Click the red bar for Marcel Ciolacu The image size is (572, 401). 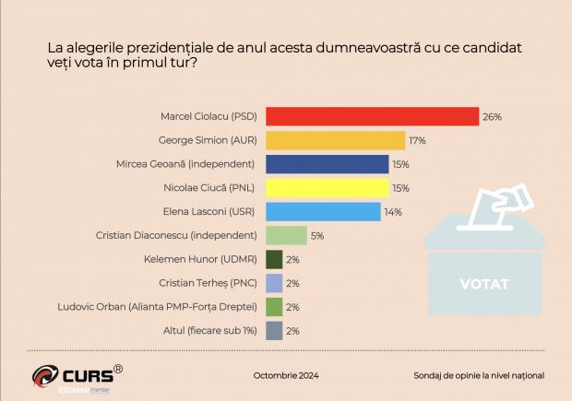click(372, 116)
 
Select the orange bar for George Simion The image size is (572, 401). click(336, 140)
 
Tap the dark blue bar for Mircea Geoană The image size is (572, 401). click(328, 164)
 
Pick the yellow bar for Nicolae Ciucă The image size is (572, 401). click(328, 188)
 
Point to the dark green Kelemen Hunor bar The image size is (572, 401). click(274, 260)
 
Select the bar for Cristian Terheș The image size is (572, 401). click(274, 283)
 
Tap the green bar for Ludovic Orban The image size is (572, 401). click(274, 307)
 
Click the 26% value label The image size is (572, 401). click(492, 117)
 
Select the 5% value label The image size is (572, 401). click(317, 236)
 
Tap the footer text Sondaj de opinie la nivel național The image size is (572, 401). click(479, 376)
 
